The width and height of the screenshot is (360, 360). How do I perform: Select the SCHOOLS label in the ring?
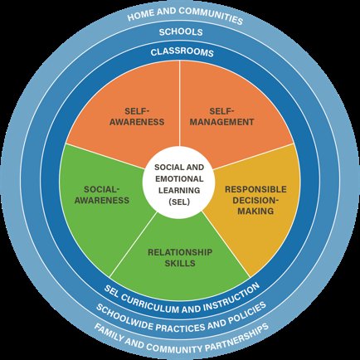coord(181,32)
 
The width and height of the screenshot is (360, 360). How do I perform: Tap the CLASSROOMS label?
coord(182,52)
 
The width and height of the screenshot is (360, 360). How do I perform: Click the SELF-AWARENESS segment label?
coord(137,116)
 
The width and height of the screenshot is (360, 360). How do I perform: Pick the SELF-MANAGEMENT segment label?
coord(221,116)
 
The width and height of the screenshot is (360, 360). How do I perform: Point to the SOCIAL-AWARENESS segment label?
coord(102,195)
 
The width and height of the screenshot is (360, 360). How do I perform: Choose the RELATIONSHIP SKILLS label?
coord(180,257)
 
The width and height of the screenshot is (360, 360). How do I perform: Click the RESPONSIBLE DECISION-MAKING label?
coord(255,200)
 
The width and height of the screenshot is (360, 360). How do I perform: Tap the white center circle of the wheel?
coord(179,182)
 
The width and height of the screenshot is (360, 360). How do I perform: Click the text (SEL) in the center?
coord(179,202)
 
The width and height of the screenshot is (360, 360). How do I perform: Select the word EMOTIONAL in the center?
coord(179,179)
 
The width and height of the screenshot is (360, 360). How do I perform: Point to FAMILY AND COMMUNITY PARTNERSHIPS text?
coord(181,339)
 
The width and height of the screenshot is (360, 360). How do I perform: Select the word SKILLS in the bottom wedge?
coord(180,263)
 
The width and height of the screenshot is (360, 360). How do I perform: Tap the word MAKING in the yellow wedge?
coord(255,212)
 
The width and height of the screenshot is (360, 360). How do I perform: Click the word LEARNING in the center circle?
coord(179,190)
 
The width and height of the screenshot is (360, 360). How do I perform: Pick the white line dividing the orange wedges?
coord(180,103)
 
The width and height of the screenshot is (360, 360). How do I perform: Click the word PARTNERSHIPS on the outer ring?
coord(239,337)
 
